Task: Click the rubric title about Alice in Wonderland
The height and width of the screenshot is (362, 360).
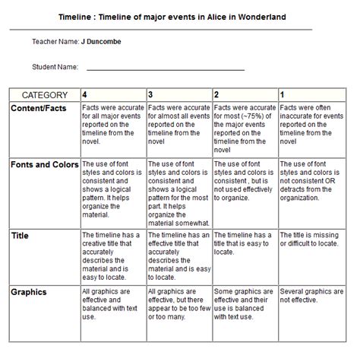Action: (173, 17)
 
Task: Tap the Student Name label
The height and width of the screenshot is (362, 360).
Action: (55, 67)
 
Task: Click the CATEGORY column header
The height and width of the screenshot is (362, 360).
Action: (44, 96)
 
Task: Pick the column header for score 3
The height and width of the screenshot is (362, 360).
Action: (150, 95)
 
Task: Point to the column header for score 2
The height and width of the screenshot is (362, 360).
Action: (216, 95)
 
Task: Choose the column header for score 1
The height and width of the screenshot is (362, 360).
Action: (283, 95)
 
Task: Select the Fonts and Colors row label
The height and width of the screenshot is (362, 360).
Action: (44, 165)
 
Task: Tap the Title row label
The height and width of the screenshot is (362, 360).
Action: (21, 237)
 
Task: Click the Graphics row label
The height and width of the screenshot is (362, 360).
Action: (29, 292)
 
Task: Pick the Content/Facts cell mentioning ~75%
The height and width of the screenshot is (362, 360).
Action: (244, 125)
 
